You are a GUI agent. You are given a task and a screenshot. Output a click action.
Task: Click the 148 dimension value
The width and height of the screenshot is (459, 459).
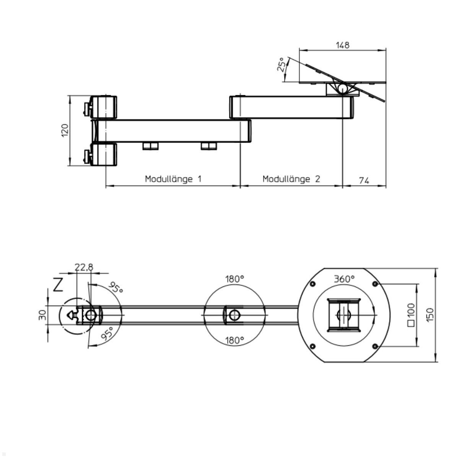pos(342,45)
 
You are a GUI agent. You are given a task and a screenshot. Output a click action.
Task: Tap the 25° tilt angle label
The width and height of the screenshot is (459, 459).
pos(282,65)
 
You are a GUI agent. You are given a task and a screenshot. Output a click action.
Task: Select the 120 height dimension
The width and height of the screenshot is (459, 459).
pos(65,130)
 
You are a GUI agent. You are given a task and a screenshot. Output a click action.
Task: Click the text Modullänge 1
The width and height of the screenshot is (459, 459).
pos(173,179)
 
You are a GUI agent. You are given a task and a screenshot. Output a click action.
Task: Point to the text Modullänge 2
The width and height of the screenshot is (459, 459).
pos(291,179)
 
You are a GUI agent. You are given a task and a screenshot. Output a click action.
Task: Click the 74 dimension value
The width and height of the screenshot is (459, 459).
pos(364,181)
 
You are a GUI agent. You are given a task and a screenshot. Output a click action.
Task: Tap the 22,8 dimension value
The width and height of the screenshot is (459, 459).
pos(84,267)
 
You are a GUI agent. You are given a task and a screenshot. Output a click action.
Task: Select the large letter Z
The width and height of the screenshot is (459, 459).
pos(58,285)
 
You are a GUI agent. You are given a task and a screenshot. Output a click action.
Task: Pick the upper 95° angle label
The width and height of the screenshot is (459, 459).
pos(116,288)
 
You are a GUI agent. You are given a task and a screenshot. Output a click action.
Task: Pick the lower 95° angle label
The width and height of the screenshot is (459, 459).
pos(107,334)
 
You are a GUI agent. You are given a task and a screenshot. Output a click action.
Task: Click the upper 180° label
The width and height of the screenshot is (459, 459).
pos(234,279)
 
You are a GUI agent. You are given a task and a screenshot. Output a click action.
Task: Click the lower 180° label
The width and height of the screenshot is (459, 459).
pos(234,340)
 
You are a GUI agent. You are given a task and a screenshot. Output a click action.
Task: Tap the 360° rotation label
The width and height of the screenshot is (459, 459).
pos(344,279)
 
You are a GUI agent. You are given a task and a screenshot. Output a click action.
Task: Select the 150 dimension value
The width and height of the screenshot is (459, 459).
pos(430,314)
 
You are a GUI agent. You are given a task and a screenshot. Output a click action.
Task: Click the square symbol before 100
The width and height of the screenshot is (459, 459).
pos(411,324)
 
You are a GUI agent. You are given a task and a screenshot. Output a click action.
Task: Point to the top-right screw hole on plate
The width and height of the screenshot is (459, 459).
pos(375,284)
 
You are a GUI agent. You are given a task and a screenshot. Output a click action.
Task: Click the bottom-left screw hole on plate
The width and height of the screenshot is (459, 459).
pos(313,346)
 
